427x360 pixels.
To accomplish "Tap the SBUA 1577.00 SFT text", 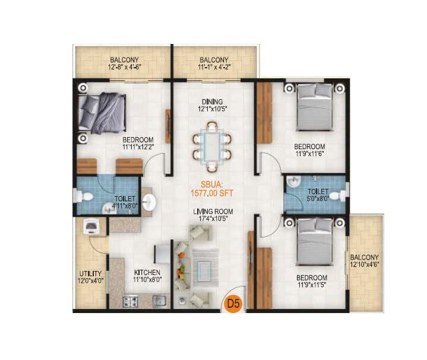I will (x=211, y=188).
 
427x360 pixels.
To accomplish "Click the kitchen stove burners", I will (x=130, y=301).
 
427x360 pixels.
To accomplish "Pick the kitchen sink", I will (x=158, y=301).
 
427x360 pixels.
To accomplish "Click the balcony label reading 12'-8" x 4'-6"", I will (x=124, y=64).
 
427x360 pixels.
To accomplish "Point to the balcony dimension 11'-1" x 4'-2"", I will (x=213, y=67).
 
